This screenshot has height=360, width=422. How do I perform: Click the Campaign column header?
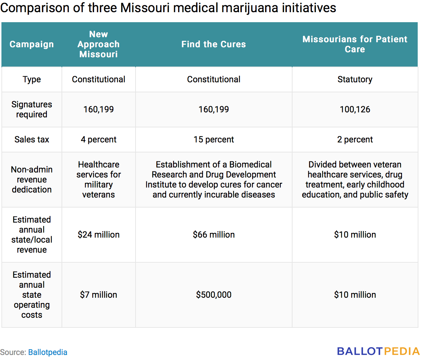coord(31,44)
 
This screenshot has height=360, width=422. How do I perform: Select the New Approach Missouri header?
coord(98,44)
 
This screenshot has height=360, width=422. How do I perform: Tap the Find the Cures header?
coord(214,44)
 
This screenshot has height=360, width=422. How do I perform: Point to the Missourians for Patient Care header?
coord(355,44)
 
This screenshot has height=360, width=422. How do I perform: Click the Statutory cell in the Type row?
coord(355,79)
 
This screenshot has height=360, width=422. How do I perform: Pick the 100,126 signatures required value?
coord(355,110)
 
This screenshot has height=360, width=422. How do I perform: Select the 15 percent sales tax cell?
coord(214,140)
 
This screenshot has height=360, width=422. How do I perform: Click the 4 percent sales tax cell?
coord(98,140)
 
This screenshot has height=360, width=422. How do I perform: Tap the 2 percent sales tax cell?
coord(355,140)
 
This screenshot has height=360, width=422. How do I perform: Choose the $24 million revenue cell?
coord(98,235)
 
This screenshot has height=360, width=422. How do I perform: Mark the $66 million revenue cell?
coord(214,235)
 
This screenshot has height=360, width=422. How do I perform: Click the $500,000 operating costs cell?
coord(214,295)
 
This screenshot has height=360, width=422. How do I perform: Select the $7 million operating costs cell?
coord(98,295)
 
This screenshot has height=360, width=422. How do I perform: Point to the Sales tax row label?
coord(31,140)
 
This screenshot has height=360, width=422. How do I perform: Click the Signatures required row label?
coord(31,110)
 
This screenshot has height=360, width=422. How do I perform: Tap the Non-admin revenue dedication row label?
coord(31,180)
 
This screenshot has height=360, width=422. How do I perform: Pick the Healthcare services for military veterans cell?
coord(98,180)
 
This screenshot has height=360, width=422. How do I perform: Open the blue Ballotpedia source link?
coord(48,352)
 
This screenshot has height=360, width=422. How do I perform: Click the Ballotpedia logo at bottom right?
coord(378,351)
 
